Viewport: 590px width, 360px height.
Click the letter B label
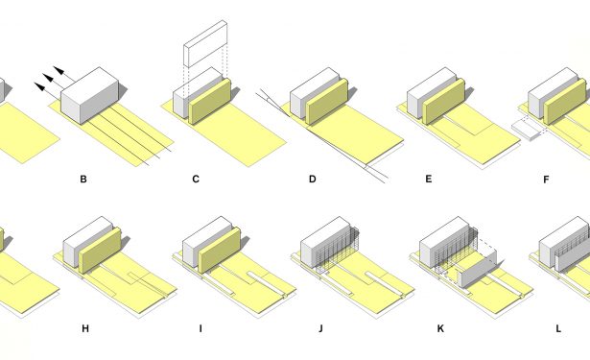coord(83,180)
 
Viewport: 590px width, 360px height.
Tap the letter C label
coord(196,180)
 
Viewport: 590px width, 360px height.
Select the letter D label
coord(313,180)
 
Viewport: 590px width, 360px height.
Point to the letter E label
coord(429,179)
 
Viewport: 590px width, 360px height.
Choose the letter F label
coord(546,180)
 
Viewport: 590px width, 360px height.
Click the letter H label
coord(85,328)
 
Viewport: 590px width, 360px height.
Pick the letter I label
coord(201,328)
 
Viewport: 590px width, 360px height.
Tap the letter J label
coord(320,328)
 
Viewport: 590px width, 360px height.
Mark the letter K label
coord(440,328)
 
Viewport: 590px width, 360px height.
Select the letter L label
coord(558,328)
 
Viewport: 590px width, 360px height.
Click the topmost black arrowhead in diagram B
coord(59,70)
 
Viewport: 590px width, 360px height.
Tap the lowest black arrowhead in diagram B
coord(39,86)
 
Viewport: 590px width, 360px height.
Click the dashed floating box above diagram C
coord(205,44)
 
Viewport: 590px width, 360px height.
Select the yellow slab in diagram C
coord(209,102)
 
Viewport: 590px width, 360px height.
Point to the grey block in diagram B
coord(90,96)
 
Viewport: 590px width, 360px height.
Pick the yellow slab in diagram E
coord(444,102)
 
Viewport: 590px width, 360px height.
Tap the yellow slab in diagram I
coord(220,251)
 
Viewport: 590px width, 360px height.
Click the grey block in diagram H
coord(88,242)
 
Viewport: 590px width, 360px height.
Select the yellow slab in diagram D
coord(326,102)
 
